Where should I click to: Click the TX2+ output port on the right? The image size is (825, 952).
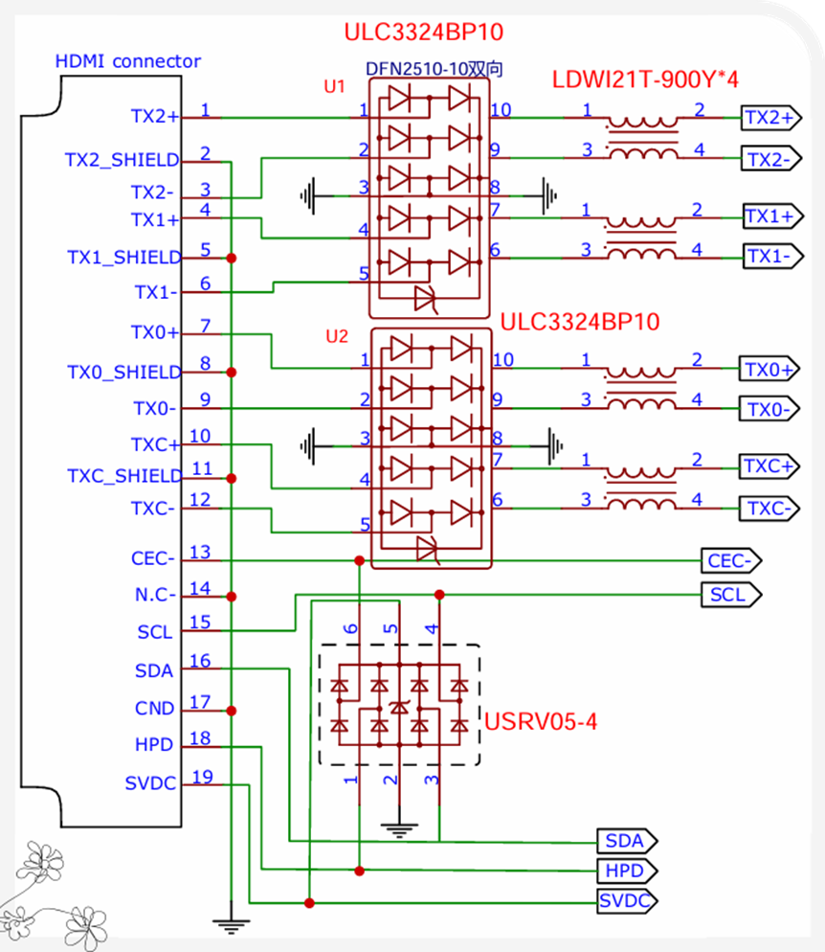click(771, 117)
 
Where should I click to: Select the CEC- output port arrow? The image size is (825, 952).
click(731, 560)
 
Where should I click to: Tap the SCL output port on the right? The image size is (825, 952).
click(731, 595)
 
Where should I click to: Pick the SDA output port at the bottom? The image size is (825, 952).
click(627, 841)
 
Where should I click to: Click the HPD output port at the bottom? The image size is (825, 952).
click(627, 871)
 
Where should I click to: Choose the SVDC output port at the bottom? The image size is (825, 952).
click(627, 900)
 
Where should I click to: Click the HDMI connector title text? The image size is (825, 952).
click(127, 60)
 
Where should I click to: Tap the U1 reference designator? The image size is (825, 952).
click(334, 86)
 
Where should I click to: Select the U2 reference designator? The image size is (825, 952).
click(337, 336)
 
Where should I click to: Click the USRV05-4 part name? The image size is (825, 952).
click(541, 721)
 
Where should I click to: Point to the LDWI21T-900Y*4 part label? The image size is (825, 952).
click(645, 79)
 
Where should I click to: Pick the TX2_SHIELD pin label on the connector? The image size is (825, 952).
click(122, 160)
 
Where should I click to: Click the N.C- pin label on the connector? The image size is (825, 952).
click(155, 595)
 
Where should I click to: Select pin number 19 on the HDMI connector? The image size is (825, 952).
click(203, 777)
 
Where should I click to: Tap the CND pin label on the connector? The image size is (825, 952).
click(155, 708)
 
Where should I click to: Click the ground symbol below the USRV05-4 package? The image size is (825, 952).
click(399, 830)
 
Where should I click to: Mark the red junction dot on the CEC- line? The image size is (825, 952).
click(360, 560)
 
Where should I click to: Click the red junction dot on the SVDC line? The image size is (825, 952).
click(309, 903)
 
